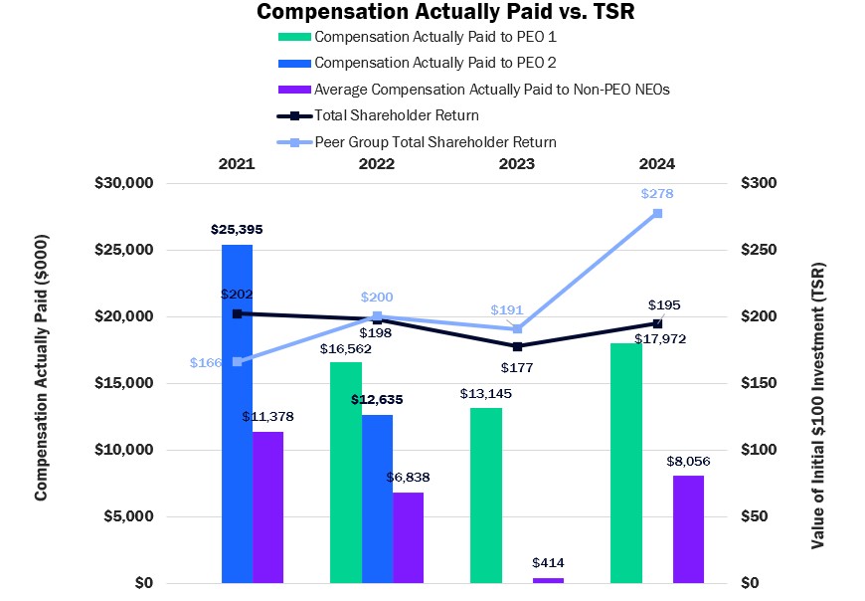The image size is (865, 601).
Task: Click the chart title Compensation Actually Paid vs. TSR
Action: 432,12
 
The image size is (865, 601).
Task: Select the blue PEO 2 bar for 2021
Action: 237,413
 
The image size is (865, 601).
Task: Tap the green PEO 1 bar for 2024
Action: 626,463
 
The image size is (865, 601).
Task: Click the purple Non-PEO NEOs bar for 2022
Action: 408,537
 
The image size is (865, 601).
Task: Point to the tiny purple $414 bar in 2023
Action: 548,580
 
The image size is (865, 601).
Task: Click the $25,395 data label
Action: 237,229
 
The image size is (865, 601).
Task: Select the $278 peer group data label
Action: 657,194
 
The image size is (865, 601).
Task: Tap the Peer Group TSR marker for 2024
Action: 657,213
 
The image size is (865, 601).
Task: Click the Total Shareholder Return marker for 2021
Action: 237,313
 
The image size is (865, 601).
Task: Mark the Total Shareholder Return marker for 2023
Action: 517,346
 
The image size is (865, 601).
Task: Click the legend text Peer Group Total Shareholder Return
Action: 435,141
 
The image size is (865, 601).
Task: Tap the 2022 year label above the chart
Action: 377,163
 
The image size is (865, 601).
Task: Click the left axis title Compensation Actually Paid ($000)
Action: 42,382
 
